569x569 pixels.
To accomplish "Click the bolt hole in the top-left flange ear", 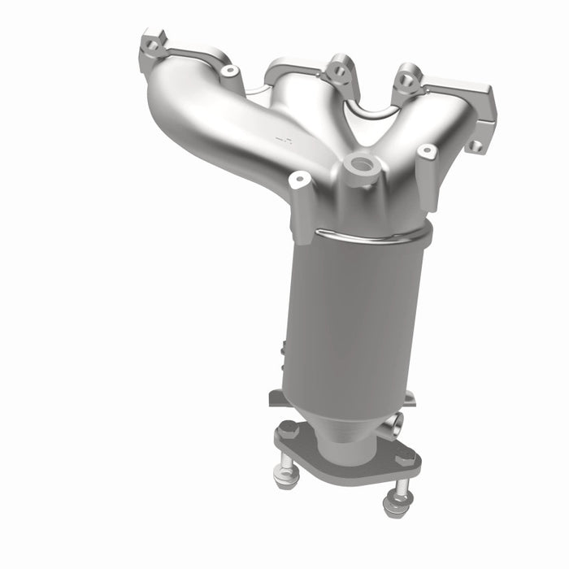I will coord(152,45).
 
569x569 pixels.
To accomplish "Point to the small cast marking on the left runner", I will coord(283,140).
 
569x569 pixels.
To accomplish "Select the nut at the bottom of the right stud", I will coord(396,505).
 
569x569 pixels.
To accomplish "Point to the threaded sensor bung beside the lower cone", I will coord(395,423).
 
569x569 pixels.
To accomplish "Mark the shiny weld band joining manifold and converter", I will coord(366,236).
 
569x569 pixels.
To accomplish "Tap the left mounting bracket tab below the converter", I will coord(276,397).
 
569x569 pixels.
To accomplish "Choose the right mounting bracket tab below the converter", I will coord(409,397).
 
